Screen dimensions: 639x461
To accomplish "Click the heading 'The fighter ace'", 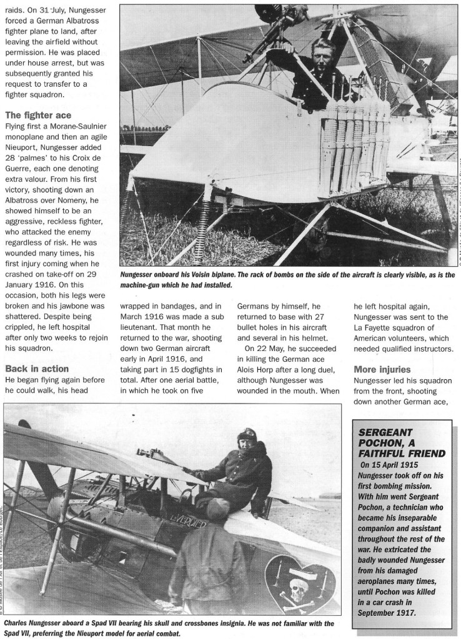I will click(37, 115).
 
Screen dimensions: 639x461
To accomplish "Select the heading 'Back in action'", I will click(37, 369).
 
